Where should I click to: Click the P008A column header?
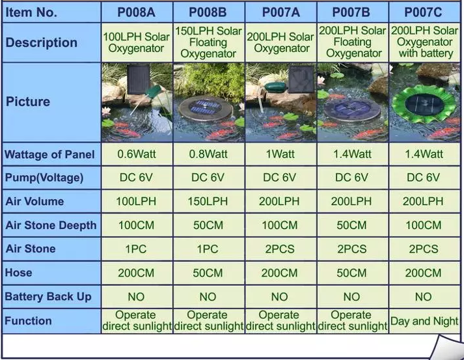tap(137, 12)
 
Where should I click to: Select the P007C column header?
tap(423, 12)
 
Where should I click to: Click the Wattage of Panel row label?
tap(49, 154)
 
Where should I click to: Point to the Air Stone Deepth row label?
tap(51, 225)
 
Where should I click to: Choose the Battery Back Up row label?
tap(48, 296)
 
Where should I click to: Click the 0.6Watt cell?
tap(137, 154)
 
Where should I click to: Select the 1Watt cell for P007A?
tap(280, 154)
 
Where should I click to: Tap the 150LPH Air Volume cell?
tap(208, 201)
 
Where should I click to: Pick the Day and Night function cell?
tap(424, 321)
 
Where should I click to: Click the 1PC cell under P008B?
tap(208, 249)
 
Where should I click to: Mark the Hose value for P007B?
tap(351, 273)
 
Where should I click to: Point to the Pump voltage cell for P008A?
tap(136, 177)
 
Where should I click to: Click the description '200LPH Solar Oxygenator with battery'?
tap(425, 42)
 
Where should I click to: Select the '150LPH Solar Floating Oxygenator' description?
tap(208, 42)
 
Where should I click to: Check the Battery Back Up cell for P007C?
tap(423, 297)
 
